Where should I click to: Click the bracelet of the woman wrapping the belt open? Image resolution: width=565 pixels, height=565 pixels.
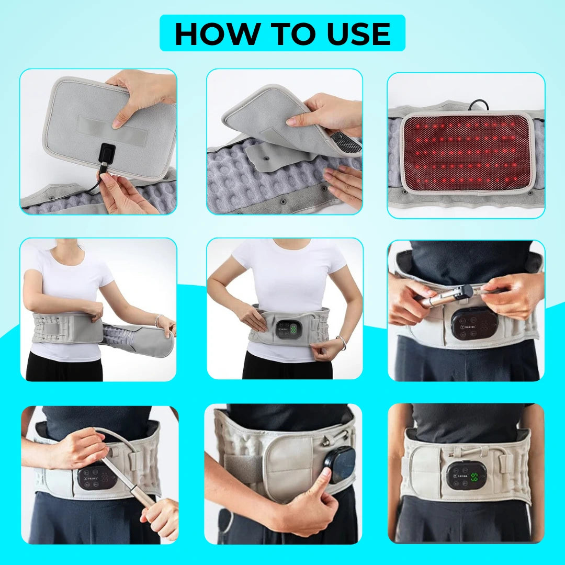tap(157, 320)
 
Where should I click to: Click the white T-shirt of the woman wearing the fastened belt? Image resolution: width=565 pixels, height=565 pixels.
tap(288, 277)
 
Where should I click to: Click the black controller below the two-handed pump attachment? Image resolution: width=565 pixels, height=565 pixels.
tap(474, 324)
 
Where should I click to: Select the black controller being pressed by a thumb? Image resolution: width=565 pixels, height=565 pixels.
tap(341, 463)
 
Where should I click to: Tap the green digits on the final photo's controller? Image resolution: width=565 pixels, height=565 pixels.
tap(474, 477)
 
